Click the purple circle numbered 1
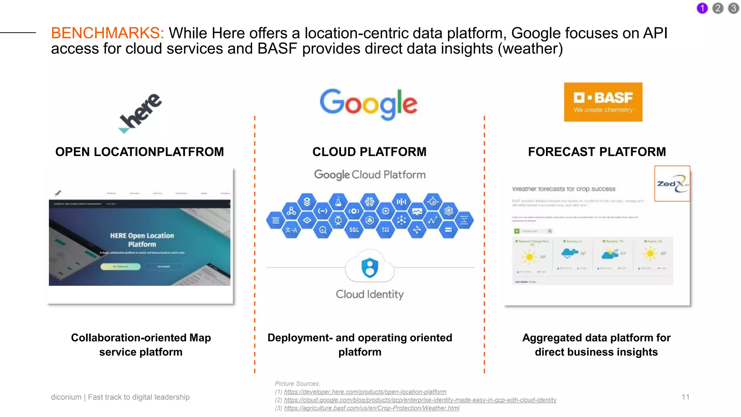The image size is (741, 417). [702, 8]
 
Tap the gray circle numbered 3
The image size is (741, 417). [733, 8]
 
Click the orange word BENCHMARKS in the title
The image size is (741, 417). [107, 33]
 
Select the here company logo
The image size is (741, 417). [140, 113]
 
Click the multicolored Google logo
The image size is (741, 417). [368, 104]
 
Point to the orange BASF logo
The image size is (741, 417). [603, 102]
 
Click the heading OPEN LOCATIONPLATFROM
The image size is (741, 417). [140, 152]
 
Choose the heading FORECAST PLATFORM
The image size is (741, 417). [597, 152]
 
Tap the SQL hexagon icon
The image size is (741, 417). [354, 230]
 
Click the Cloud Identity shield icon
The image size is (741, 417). [369, 268]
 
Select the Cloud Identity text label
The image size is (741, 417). [369, 294]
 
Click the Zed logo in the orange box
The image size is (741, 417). [672, 184]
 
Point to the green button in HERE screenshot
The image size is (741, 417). [120, 266]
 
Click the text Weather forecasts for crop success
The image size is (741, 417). [563, 189]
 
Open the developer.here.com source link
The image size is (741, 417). [365, 392]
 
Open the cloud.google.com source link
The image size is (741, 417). [420, 400]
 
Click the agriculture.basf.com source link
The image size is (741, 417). [372, 408]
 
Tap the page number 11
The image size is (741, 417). [685, 397]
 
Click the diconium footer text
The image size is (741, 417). [120, 397]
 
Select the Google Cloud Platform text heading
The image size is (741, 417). [369, 175]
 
